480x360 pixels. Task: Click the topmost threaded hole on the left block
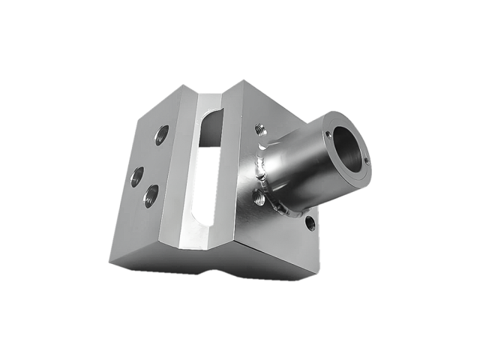(x=161, y=136)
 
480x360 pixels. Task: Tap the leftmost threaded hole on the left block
(x=137, y=178)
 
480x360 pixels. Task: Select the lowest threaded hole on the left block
(x=151, y=197)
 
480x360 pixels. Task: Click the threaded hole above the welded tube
(x=259, y=130)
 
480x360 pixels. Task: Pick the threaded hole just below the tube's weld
(x=259, y=198)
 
